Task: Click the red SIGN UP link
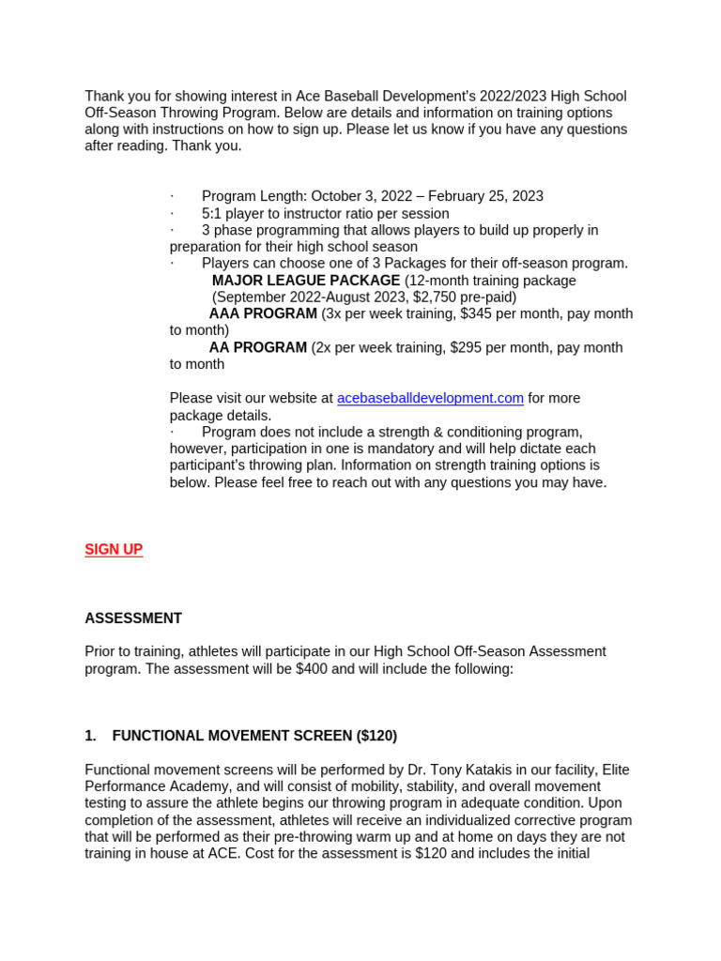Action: click(114, 550)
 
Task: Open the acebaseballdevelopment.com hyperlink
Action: click(430, 398)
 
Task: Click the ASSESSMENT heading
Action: click(133, 618)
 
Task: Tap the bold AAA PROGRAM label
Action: click(263, 313)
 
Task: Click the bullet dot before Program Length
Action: click(172, 196)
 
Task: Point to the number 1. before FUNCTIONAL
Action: click(90, 736)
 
